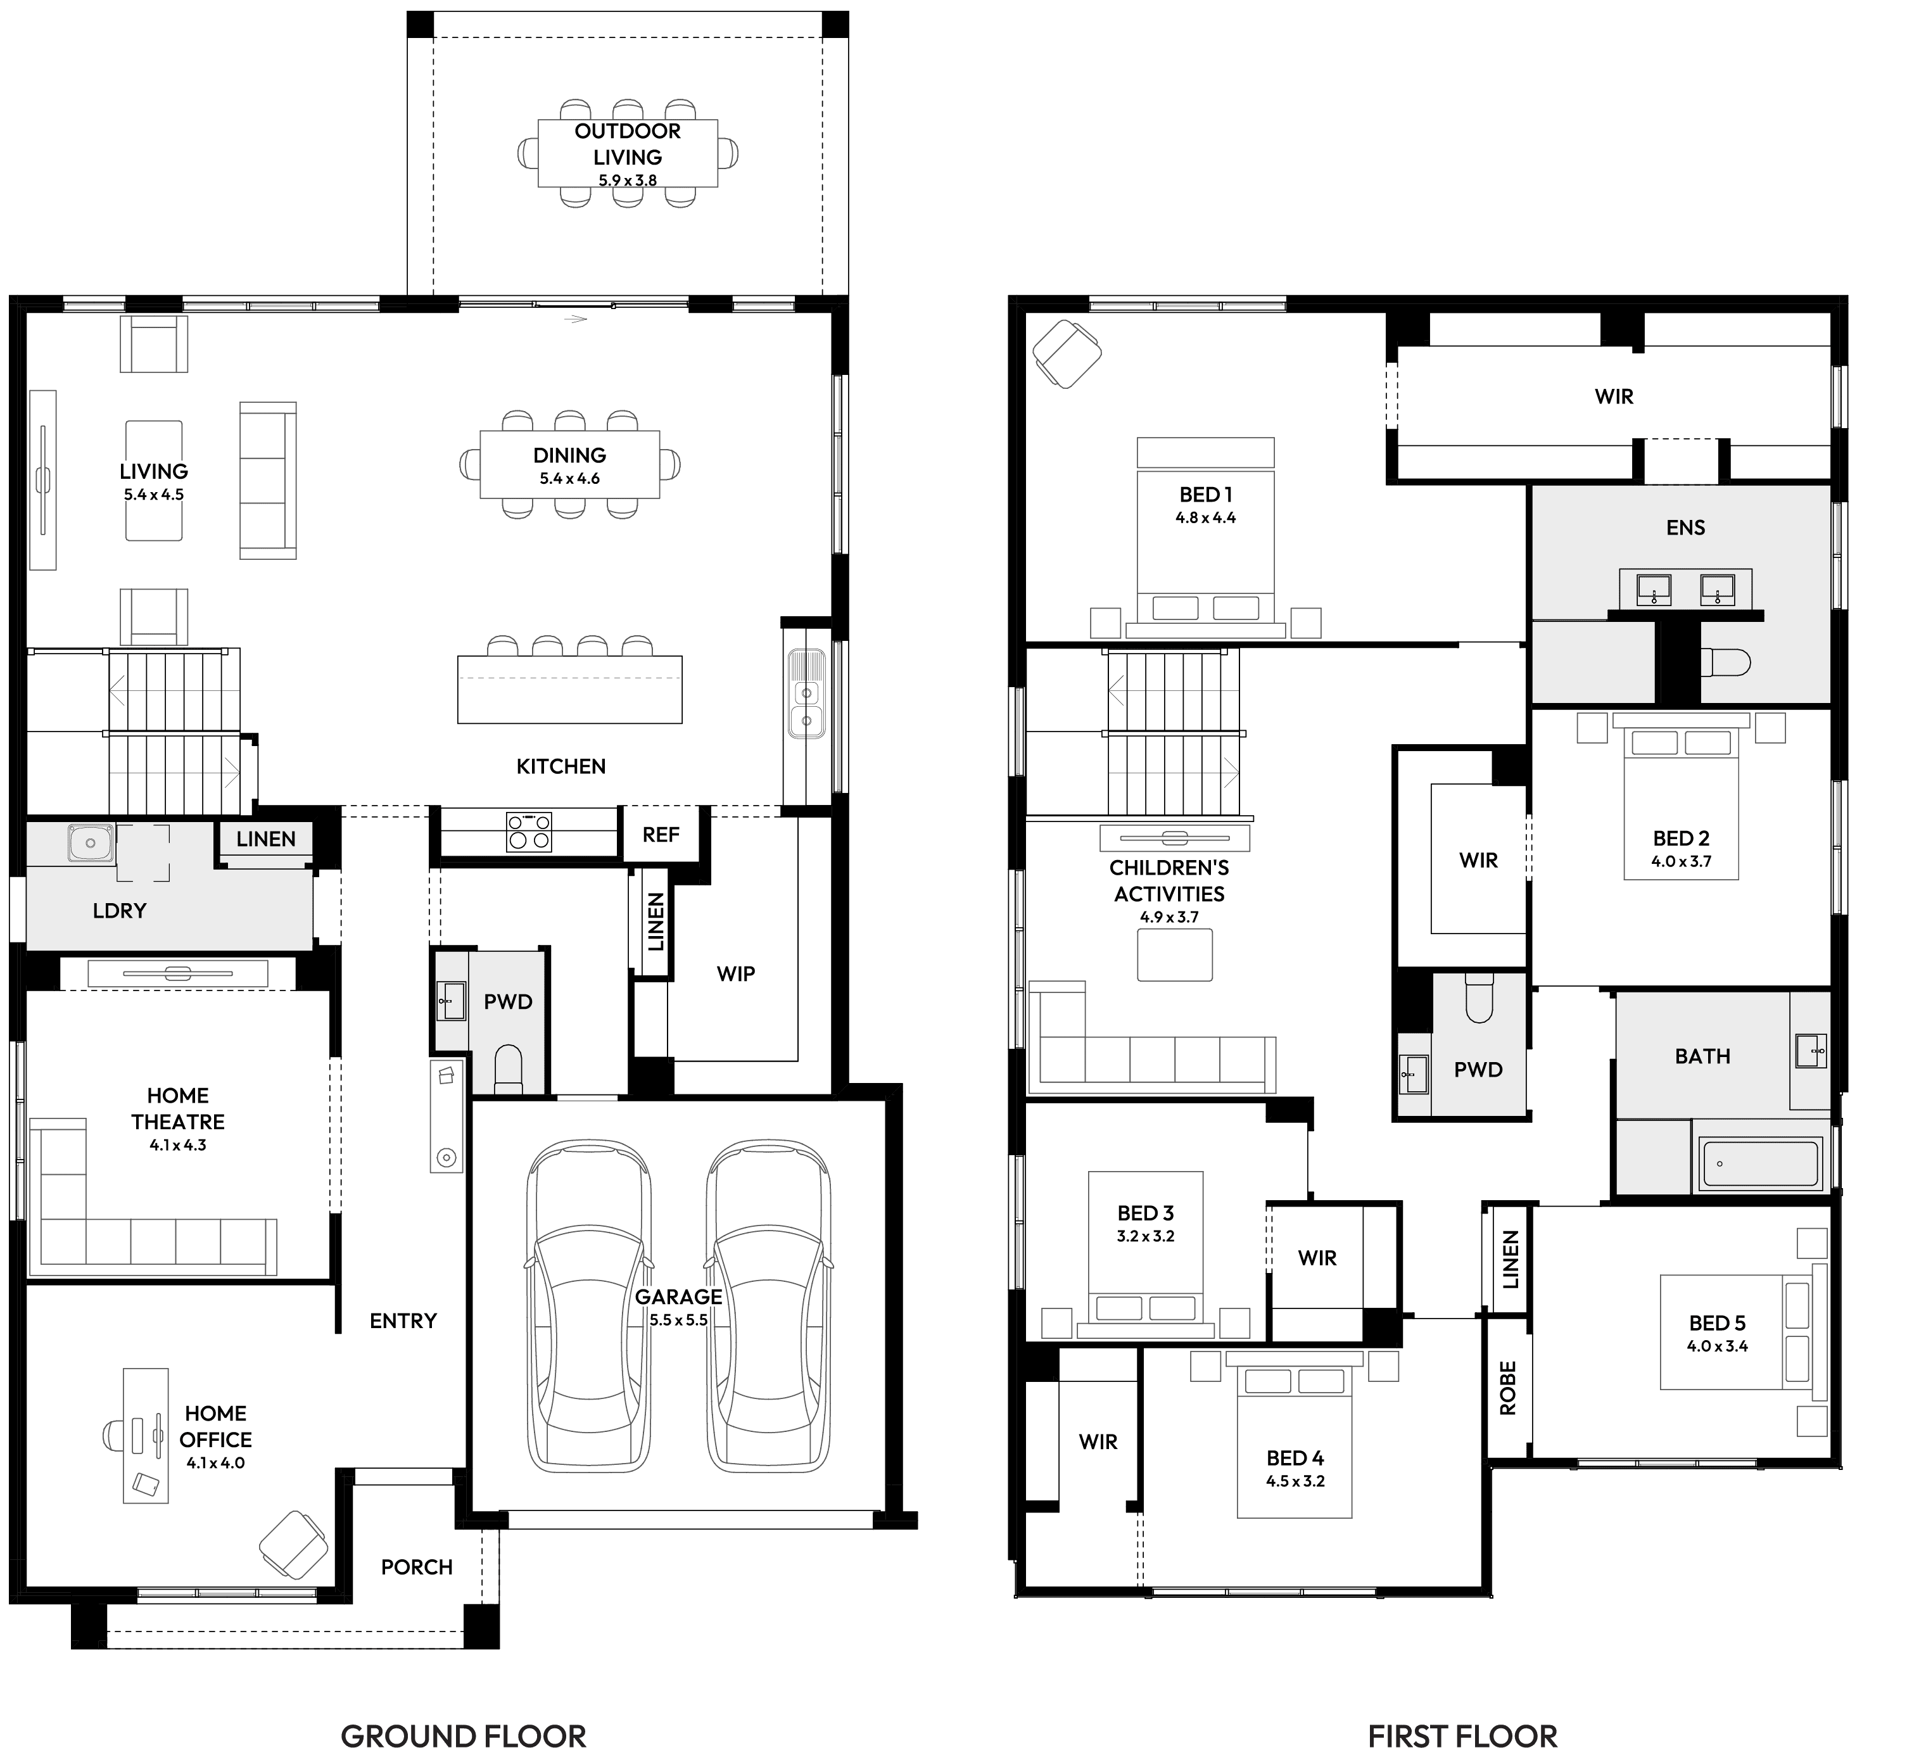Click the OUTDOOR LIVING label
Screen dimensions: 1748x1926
tap(627, 143)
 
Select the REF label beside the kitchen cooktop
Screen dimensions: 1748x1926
tap(660, 835)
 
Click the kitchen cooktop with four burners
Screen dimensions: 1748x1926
tap(528, 831)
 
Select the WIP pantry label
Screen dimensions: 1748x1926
tap(735, 973)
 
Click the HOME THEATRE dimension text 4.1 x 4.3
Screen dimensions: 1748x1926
tap(178, 1145)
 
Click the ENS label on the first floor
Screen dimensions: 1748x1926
tap(1685, 528)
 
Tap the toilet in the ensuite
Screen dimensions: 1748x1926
tap(1725, 662)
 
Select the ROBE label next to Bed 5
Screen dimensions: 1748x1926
tap(1507, 1388)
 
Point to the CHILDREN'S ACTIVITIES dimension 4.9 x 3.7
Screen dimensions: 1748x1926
tap(1169, 917)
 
